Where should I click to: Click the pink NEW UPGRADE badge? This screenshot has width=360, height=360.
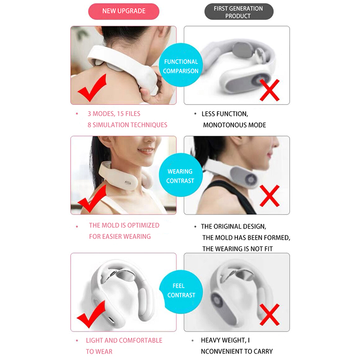click(x=124, y=11)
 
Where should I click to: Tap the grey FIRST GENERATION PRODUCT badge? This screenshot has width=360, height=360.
click(x=239, y=12)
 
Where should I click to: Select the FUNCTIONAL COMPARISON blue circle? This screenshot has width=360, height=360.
click(x=181, y=65)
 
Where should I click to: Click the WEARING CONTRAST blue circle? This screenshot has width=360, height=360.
click(x=181, y=175)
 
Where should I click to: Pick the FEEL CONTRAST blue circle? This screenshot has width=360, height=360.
click(x=181, y=292)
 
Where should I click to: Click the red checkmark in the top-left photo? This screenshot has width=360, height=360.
click(x=92, y=88)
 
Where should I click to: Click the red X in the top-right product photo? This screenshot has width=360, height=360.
click(x=270, y=90)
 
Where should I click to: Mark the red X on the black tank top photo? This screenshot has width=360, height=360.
click(x=270, y=196)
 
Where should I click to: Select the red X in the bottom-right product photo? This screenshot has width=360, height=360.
click(x=270, y=315)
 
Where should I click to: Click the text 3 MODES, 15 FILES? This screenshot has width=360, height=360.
click(x=114, y=114)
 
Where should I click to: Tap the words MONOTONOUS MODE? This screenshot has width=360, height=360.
click(x=234, y=125)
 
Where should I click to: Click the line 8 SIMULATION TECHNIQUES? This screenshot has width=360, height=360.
click(x=127, y=125)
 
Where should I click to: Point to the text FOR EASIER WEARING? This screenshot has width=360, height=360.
click(x=120, y=237)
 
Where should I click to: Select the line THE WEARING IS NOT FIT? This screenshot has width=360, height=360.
click(x=238, y=249)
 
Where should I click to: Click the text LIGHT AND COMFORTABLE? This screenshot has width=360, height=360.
click(x=124, y=341)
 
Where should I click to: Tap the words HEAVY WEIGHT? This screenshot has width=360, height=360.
click(x=222, y=340)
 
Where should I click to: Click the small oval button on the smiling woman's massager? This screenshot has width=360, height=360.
click(x=128, y=183)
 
